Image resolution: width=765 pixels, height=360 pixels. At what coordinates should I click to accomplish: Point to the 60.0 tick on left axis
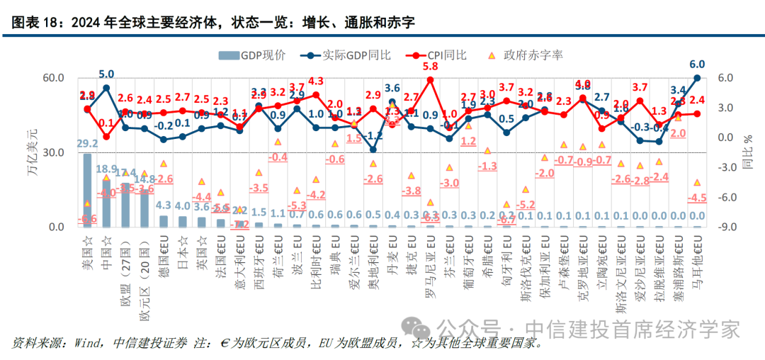pyautogui.click(x=55, y=78)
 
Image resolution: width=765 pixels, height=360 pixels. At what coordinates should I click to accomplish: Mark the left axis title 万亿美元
pyautogui.click(x=32, y=152)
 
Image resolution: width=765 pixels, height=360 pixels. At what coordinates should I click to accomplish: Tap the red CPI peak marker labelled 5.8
pyautogui.click(x=430, y=80)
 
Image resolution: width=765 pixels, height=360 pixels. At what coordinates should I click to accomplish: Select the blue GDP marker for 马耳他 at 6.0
pyautogui.click(x=697, y=78)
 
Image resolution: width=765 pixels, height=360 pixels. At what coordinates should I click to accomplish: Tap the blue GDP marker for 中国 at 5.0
pyautogui.click(x=106, y=88)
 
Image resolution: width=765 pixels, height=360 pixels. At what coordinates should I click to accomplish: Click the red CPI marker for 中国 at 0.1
pyautogui.click(x=106, y=136)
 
